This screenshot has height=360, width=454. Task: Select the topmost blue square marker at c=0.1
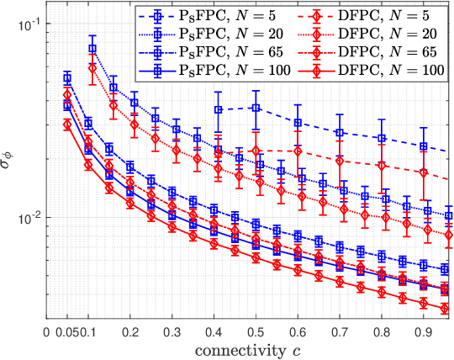[x=92, y=49]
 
